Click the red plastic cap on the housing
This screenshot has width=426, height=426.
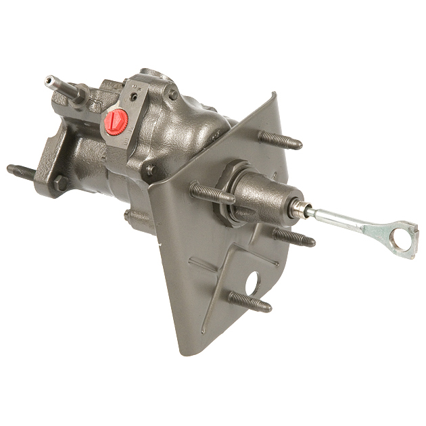click(116, 121)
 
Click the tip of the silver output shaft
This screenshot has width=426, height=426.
click(49, 80)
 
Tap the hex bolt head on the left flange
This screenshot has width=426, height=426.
click(61, 183)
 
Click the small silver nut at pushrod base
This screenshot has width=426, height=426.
click(298, 210)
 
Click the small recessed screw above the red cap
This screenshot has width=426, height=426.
click(134, 97)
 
